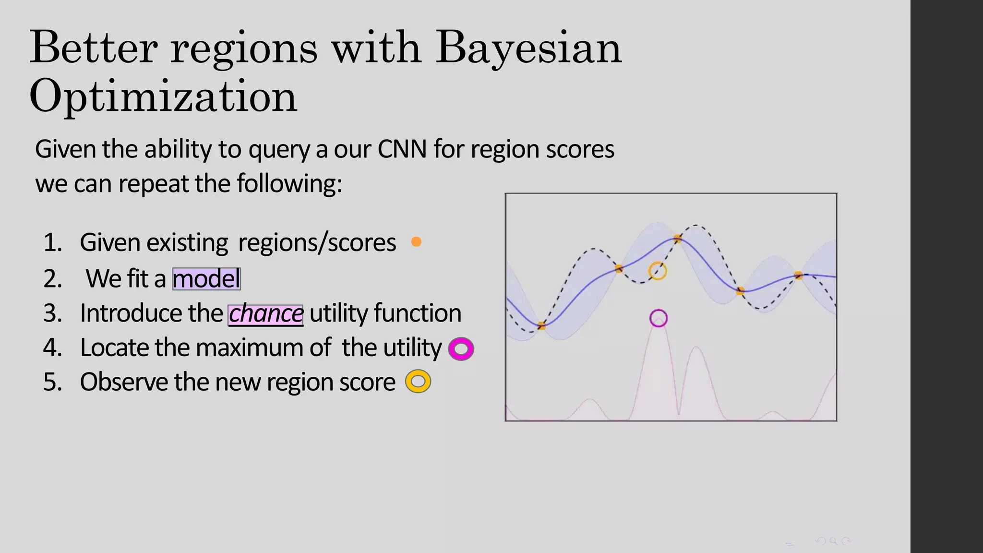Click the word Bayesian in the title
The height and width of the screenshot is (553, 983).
pyautogui.click(x=528, y=48)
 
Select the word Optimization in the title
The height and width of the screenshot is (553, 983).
pyautogui.click(x=163, y=96)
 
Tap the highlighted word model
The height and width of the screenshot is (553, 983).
pyautogui.click(x=206, y=279)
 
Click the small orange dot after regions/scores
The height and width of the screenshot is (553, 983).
pyautogui.click(x=416, y=242)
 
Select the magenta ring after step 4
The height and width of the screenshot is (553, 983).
pyautogui.click(x=461, y=349)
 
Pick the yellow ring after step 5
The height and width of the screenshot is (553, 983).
pyautogui.click(x=418, y=382)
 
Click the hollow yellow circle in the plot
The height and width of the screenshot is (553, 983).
pyautogui.click(x=658, y=271)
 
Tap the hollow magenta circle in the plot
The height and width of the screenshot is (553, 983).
pyautogui.click(x=659, y=318)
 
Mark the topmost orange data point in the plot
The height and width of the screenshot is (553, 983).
pyautogui.click(x=678, y=238)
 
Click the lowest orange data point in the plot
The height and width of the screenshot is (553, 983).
pyautogui.click(x=541, y=326)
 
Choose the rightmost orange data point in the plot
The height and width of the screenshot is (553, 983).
pyautogui.click(x=798, y=276)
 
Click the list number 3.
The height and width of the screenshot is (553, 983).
pyautogui.click(x=52, y=313)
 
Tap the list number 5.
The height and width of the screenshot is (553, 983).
pyautogui.click(x=52, y=383)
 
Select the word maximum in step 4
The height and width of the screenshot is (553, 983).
pyautogui.click(x=253, y=348)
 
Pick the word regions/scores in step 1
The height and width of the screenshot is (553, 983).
pyautogui.click(x=317, y=243)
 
